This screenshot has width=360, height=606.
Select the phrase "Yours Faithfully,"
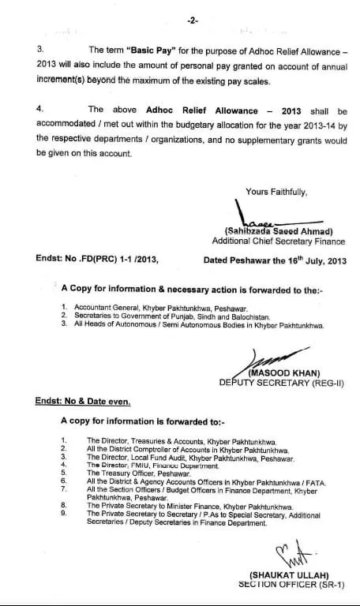point(276,191)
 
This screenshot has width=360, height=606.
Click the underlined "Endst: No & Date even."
point(82,402)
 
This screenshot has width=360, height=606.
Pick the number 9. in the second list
point(64,513)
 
